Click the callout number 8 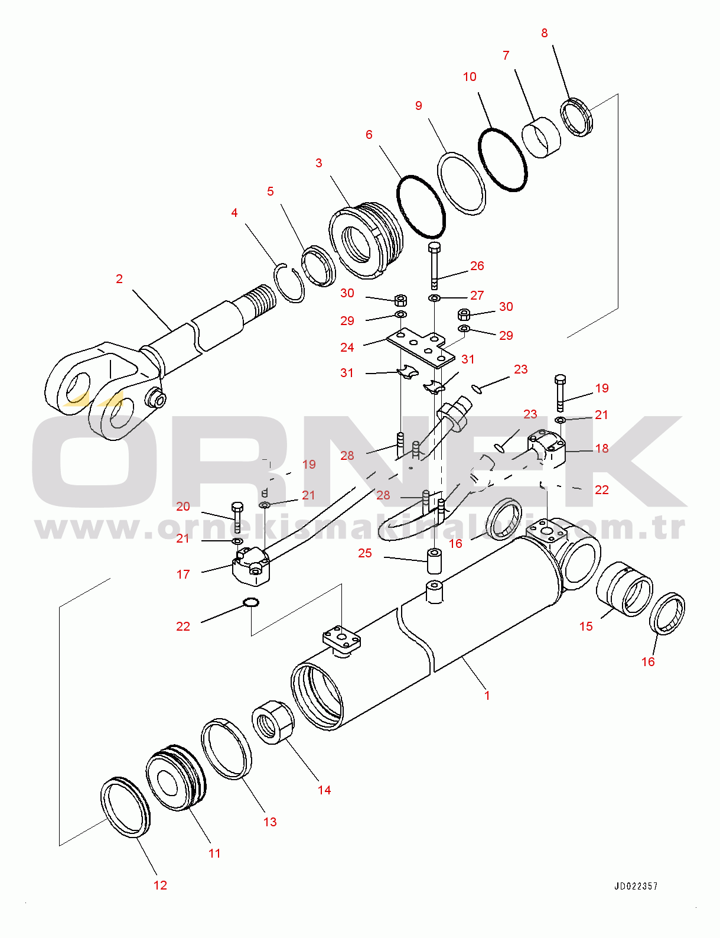point(545,33)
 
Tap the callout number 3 point(319,163)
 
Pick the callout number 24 point(347,348)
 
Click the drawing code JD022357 point(636,886)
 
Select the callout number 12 point(160,885)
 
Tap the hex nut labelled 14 point(273,722)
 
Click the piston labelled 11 point(176,778)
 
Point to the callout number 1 point(487,696)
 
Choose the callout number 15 point(586,626)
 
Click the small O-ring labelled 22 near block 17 point(251,603)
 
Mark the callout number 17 point(183,574)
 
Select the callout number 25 point(365,553)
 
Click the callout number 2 point(119,278)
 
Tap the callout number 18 point(602,449)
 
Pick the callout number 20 point(183,507)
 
